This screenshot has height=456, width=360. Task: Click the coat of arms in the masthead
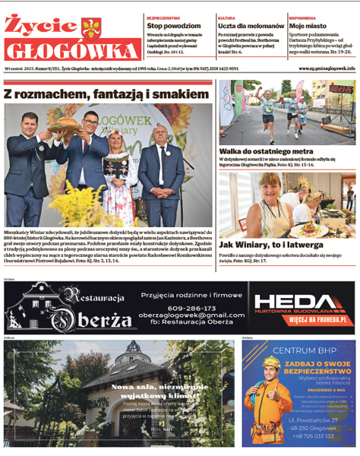[x=90, y=29]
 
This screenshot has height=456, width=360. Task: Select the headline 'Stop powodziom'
[x=173, y=25]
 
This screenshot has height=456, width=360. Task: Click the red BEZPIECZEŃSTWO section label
[x=163, y=17]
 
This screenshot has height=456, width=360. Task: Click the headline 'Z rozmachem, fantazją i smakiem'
[x=106, y=93]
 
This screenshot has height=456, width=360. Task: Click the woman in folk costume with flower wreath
[x=120, y=171]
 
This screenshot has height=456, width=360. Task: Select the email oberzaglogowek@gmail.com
[x=182, y=315]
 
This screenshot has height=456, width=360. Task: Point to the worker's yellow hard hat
[x=271, y=363]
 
